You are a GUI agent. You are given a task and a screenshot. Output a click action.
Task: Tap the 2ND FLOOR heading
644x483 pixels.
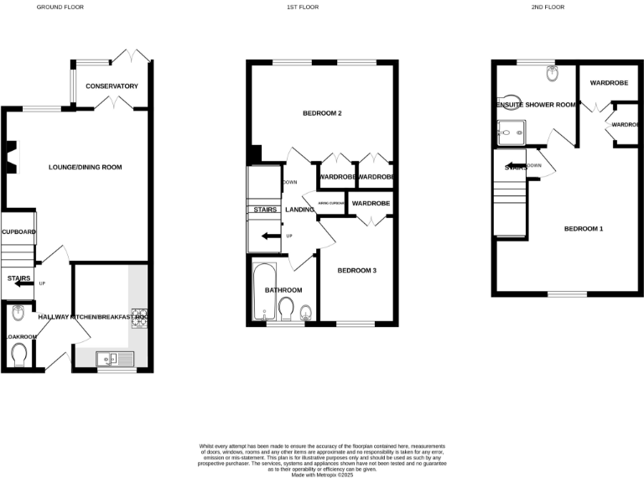coord(548,7)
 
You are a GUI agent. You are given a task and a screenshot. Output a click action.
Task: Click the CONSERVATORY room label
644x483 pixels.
coord(111,86)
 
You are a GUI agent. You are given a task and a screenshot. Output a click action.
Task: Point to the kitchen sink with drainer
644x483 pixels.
coord(115,358)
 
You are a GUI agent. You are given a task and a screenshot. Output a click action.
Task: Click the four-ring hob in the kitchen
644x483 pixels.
coord(138,318)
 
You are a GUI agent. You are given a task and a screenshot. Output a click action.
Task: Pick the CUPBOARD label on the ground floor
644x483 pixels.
coord(18,231)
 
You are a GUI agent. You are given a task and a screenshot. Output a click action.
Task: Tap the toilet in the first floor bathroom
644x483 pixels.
coord(287,309)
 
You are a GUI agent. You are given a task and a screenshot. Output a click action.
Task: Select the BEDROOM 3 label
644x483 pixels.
coord(357,270)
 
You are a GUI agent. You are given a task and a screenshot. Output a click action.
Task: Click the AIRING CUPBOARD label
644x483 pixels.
coord(331,204)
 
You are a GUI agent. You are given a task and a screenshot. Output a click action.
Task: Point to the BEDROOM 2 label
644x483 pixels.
coord(322,112)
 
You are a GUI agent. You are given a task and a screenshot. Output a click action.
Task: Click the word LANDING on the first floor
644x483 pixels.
coord(299,210)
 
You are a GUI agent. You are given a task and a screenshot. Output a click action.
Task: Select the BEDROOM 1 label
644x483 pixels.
coord(583,229)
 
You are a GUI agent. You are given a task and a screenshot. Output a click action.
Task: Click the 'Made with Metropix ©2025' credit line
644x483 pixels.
coord(322,475)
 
